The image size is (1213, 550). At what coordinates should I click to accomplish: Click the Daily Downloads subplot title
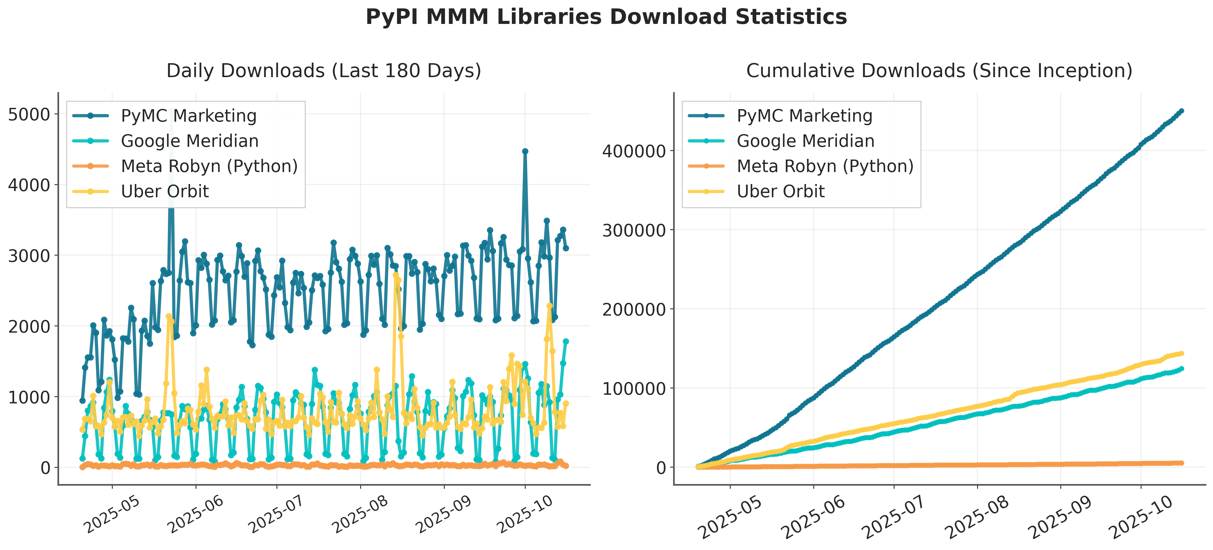(324, 71)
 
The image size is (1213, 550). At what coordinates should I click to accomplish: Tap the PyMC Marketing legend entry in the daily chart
(188, 116)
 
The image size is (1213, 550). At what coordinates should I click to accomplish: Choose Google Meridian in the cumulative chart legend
(805, 141)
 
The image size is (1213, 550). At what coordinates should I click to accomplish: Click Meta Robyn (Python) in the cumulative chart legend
(825, 166)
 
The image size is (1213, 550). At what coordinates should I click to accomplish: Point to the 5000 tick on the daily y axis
(29, 115)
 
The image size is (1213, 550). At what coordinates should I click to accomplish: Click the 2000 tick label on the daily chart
(29, 326)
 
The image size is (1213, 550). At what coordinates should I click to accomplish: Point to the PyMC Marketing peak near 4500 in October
(525, 151)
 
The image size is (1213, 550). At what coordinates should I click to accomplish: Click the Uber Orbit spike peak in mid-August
(396, 275)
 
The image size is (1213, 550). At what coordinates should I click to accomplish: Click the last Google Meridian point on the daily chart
(566, 341)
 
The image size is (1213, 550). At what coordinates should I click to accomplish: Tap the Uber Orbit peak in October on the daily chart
(550, 306)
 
